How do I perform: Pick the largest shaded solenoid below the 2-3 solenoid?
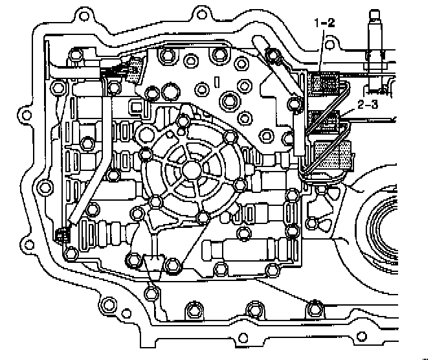[x=331, y=155]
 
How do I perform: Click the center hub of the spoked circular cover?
[x=192, y=168]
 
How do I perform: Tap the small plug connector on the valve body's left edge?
[x=63, y=236]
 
